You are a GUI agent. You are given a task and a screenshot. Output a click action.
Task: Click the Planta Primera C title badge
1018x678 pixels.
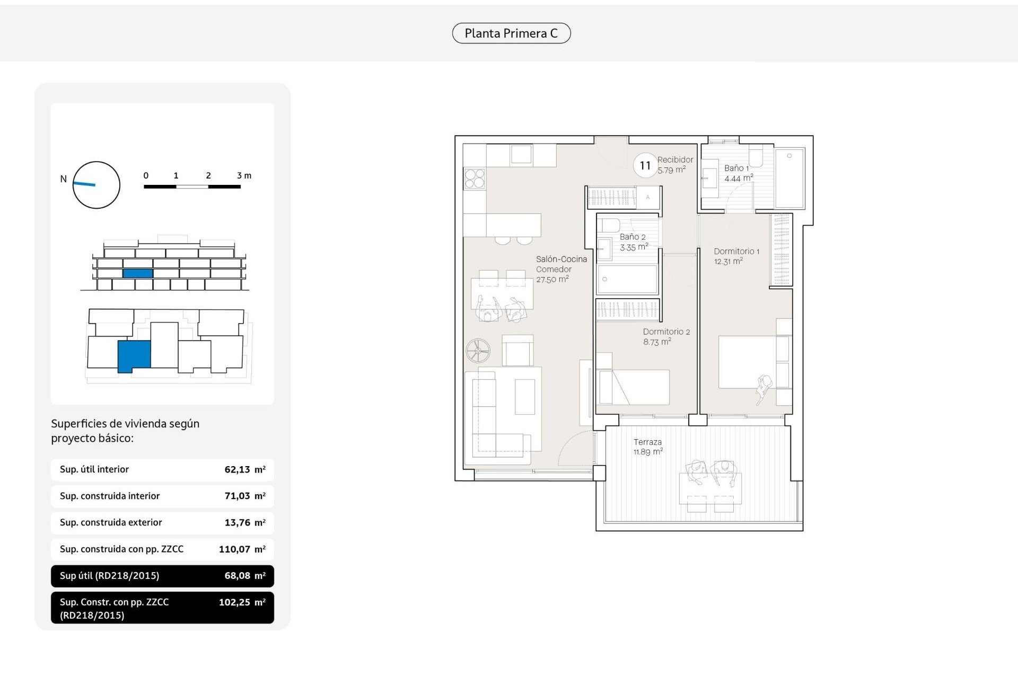coord(511,33)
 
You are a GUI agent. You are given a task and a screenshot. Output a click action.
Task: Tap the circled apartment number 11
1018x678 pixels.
coord(645,166)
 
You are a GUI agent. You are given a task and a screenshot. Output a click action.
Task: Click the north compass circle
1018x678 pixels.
coord(96,185)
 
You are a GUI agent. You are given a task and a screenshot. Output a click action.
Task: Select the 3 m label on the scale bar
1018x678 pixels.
coord(244,175)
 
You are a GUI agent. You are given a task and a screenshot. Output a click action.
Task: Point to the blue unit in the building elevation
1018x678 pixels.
coord(138,273)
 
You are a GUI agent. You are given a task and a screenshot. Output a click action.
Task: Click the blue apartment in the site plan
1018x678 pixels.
coord(134,355)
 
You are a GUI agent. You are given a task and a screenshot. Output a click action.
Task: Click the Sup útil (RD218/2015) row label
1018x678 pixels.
coord(109,576)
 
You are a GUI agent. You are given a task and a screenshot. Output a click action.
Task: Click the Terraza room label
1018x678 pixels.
coord(647,442)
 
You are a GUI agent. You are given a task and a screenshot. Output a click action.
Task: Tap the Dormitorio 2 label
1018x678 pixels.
coord(666,332)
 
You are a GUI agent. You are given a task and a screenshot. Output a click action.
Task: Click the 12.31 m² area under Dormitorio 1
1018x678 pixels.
coord(728,261)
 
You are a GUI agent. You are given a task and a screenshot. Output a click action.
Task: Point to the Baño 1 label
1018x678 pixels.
coord(736,168)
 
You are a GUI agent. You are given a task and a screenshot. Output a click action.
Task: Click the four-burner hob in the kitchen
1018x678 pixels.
coord(475,179)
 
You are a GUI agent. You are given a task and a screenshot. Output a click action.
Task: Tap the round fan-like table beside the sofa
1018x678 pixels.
coord(478,351)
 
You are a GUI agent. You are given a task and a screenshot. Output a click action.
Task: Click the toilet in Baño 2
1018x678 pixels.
coord(610,226)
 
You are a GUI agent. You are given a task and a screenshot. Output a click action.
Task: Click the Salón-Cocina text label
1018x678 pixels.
coord(561,259)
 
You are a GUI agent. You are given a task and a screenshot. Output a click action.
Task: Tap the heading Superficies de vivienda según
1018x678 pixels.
coord(125,424)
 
